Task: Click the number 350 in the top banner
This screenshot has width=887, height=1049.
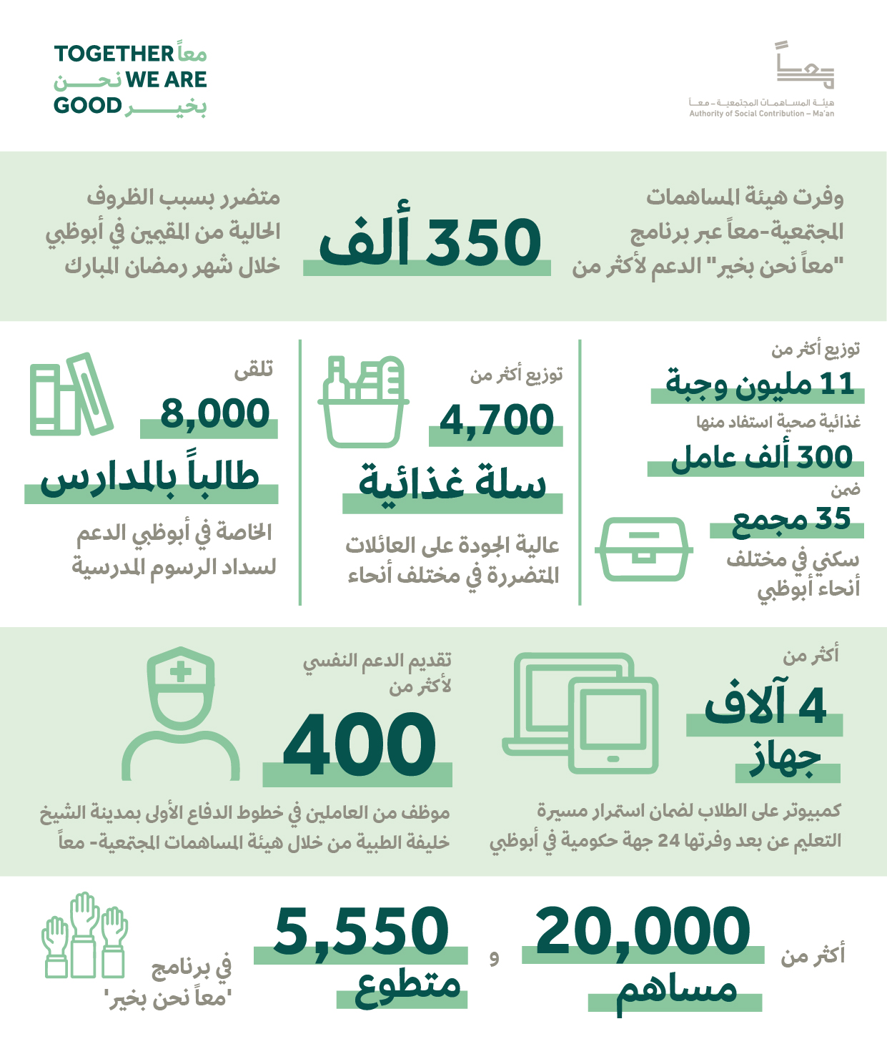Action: tap(483, 242)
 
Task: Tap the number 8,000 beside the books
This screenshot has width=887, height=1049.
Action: tap(215, 413)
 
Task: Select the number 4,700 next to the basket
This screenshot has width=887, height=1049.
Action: tap(497, 420)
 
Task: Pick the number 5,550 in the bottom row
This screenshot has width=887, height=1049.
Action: tap(362, 931)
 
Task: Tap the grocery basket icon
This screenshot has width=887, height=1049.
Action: tap(363, 401)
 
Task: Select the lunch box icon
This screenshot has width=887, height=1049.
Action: tap(643, 548)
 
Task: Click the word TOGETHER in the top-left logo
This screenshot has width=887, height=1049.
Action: tap(114, 54)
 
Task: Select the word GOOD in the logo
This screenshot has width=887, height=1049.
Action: tap(88, 106)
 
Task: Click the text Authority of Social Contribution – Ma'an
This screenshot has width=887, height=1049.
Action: tap(761, 114)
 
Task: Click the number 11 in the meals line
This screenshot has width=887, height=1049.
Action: tap(838, 384)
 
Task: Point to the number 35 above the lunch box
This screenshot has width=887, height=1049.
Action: tap(834, 518)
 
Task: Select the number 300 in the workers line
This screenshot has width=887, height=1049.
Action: tap(824, 458)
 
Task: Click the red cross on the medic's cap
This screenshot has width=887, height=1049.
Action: tap(181, 671)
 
